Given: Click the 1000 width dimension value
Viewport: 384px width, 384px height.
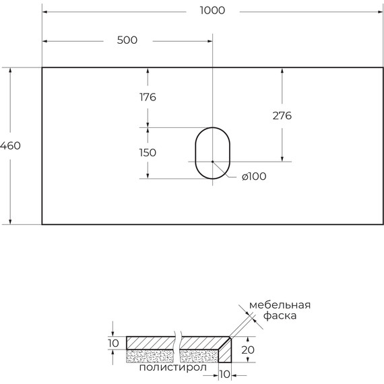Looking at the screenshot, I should coord(212,10).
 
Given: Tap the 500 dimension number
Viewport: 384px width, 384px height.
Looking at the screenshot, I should coord(127,40).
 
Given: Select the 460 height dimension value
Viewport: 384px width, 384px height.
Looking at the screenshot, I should coord(11,146).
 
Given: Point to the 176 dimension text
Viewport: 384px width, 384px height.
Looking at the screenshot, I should coord(148,97).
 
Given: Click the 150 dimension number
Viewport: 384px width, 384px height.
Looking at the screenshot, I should coord(148,153).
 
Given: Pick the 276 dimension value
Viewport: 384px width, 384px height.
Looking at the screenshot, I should coord(282,115).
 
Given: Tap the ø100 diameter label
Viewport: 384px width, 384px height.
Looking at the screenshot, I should coord(253,177).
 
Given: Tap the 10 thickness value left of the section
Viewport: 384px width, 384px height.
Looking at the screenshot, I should coord(113,344).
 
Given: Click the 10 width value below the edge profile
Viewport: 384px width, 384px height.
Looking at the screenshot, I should coord(224,374).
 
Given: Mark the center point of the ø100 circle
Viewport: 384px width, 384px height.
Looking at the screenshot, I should coord(212,162).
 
